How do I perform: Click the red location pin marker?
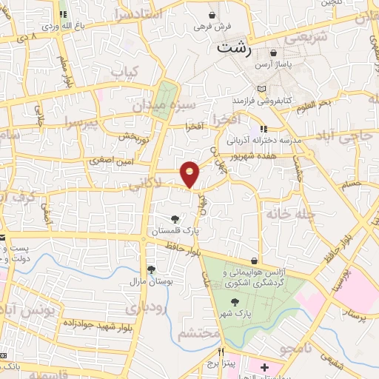(190, 172)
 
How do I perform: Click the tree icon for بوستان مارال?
(151, 269)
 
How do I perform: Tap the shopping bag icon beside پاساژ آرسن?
(275, 53)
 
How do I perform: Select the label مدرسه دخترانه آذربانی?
(264, 140)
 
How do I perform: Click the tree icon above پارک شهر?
(235, 302)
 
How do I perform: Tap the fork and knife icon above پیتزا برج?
(222, 353)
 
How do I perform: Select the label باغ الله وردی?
(60, 26)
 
